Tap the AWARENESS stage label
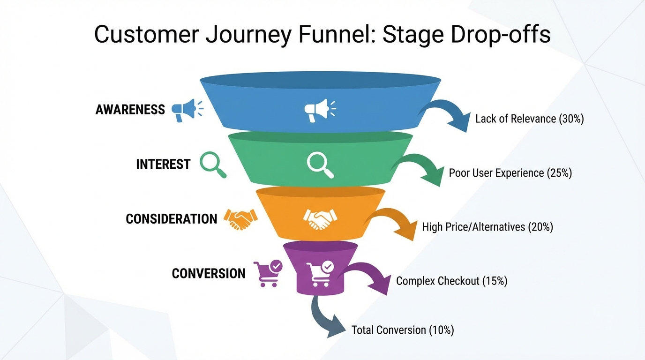pos(130,110)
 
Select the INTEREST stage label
pos(163,164)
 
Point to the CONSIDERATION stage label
pos(171,219)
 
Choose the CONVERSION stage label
pos(209,273)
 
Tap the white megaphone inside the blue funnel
pos(319,111)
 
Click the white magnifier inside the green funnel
pos(320,165)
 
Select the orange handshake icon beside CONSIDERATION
pos(240,219)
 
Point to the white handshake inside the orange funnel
pos(320,219)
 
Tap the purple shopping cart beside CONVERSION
pos(268,274)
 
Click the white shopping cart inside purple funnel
pos(320,274)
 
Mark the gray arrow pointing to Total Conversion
pos(326,319)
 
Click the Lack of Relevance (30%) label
pos(529,119)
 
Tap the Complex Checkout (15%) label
pos(451,281)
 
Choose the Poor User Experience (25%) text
pos(510,173)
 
